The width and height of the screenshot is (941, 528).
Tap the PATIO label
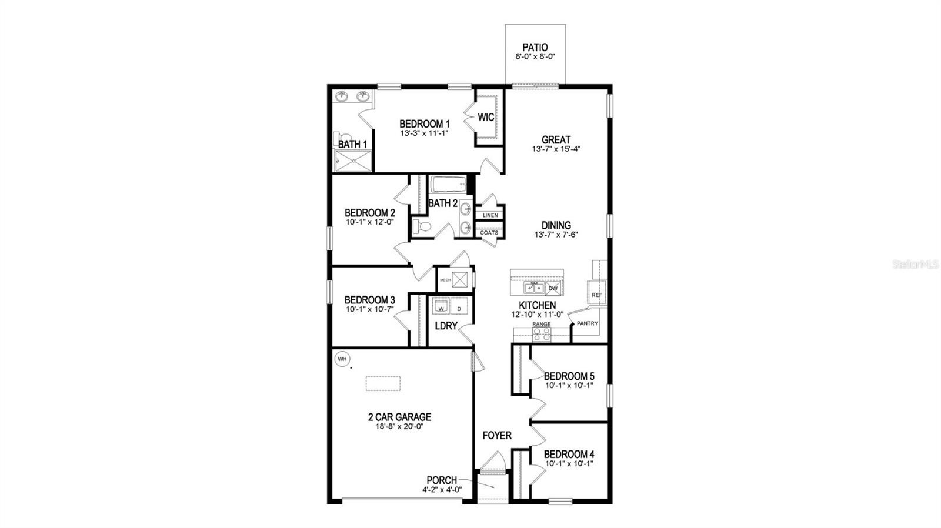[x=535, y=47]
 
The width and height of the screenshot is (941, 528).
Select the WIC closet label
[x=486, y=118]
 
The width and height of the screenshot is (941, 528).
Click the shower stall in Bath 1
[x=353, y=161]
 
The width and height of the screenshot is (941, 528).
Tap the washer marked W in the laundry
[x=441, y=308]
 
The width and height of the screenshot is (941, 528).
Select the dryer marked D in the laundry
[x=459, y=308]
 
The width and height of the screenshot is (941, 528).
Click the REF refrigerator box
[x=597, y=295]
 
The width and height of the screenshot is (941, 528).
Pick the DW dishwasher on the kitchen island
[x=553, y=288]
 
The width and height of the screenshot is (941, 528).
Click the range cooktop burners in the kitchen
[x=541, y=334]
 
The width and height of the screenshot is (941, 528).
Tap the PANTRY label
[x=588, y=323]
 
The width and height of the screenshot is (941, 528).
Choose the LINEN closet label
[x=490, y=215]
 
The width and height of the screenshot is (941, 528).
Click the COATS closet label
[x=489, y=233]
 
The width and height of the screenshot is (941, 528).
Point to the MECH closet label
[x=445, y=280]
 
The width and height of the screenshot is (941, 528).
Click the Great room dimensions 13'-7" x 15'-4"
[x=556, y=149]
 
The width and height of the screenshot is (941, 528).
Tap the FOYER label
[x=497, y=436]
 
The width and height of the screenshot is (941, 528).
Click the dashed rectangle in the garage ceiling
[x=383, y=383]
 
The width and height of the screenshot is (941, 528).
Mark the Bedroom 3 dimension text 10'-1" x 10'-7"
[x=370, y=309]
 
